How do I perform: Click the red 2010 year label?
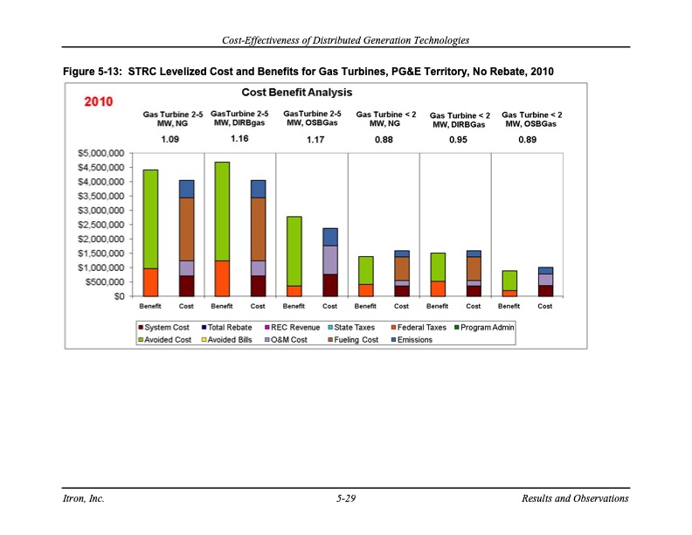click(x=99, y=102)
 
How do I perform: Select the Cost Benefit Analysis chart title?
click(x=297, y=92)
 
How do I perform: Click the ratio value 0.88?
click(x=383, y=140)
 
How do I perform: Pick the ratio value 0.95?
click(x=459, y=140)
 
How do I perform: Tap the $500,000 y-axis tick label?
click(x=105, y=281)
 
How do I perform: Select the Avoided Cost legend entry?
click(x=166, y=339)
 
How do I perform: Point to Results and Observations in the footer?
click(x=574, y=499)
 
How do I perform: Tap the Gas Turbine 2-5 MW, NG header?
click(x=173, y=119)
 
